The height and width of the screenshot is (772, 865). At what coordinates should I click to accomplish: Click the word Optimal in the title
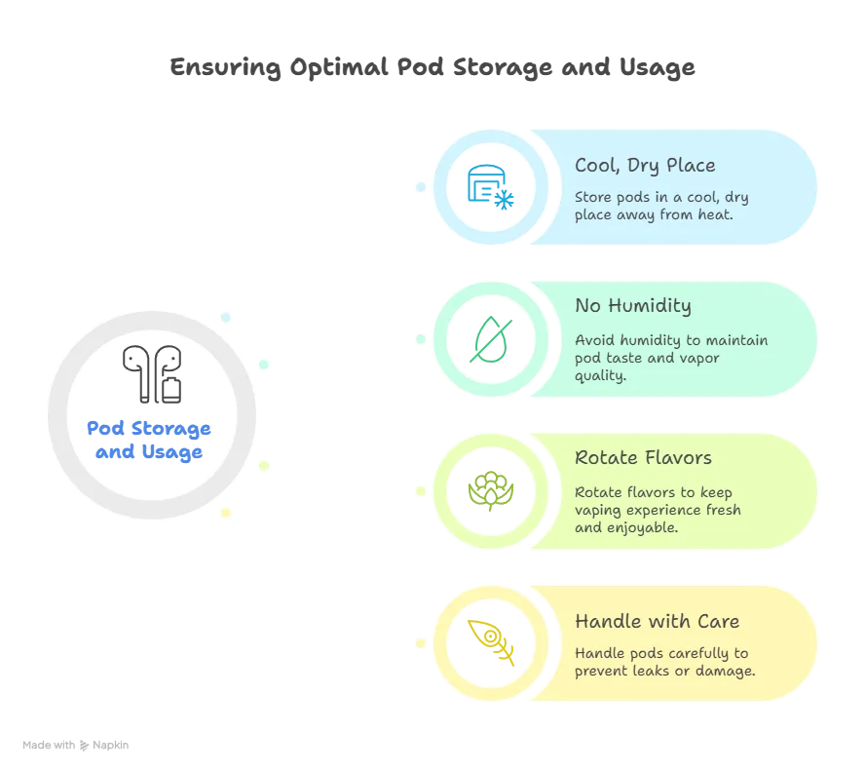[339, 67]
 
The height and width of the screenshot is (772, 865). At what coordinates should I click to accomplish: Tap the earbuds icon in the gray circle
[152, 374]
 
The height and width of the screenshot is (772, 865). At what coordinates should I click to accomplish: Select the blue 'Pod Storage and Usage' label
[149, 441]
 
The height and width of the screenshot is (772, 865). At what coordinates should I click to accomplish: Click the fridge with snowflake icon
[490, 186]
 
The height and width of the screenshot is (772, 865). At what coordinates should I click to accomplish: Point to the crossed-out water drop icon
[490, 339]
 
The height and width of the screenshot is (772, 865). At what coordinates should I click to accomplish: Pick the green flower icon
[490, 490]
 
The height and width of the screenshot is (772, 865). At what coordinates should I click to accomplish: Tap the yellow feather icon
[490, 642]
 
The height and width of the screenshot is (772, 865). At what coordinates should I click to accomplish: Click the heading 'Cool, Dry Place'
[645, 166]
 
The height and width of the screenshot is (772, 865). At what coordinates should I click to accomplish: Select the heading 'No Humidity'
[633, 306]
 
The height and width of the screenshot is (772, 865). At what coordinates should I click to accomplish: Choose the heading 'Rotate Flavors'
[643, 458]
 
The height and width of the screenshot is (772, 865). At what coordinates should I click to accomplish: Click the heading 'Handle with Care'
[657, 621]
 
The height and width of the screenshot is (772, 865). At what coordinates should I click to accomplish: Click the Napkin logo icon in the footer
[84, 746]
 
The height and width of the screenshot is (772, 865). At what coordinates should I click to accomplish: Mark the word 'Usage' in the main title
[657, 67]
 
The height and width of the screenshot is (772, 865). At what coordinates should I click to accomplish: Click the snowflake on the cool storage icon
[504, 200]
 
